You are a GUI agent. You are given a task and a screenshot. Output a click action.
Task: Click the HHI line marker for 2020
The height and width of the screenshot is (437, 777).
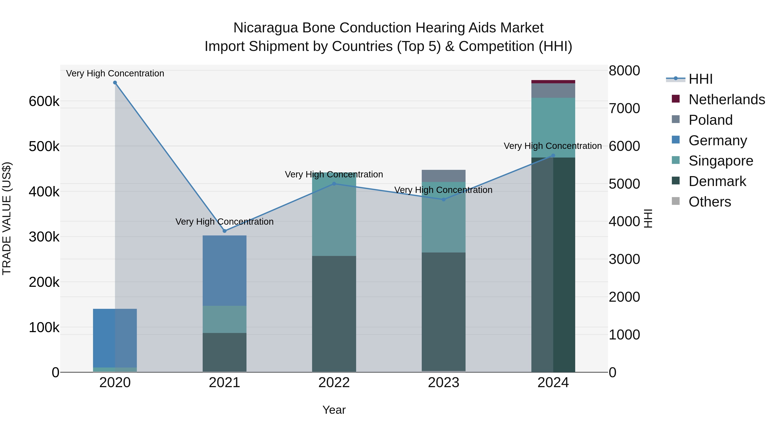pos(115,83)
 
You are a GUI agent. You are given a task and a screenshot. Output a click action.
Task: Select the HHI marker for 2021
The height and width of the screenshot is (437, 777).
pos(224,231)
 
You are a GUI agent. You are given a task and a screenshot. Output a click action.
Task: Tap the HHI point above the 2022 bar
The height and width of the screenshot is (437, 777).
pos(334,184)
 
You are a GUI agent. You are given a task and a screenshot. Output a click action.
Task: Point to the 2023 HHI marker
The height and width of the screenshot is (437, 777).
pos(443,199)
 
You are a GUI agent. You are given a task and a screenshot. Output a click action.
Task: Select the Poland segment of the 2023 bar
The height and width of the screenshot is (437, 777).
pos(443,176)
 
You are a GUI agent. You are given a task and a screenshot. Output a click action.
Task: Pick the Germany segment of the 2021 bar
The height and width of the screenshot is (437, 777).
pos(224,271)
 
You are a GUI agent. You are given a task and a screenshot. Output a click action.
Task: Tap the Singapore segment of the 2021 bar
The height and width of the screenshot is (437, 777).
pos(224,319)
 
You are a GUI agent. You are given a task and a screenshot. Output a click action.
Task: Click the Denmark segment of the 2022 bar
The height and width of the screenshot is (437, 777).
pos(334,314)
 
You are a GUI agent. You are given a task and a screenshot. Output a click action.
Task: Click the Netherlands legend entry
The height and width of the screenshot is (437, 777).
pos(727,99)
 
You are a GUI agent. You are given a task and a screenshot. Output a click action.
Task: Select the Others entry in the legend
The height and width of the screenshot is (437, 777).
pos(710,202)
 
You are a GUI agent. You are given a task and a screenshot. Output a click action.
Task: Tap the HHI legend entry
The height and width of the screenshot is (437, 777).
pos(700,79)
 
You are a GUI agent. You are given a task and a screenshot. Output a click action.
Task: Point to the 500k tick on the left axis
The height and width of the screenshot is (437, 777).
pos(44,147)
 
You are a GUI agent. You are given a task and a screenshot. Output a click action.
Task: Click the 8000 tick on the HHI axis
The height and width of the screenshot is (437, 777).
pos(624,71)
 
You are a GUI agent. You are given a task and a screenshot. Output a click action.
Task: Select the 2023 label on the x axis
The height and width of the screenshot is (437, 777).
pos(443,383)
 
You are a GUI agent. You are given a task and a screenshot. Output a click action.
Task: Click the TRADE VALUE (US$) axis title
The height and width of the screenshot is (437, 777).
pos(7,218)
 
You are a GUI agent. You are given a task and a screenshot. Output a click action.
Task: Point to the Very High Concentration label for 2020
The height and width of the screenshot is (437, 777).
pos(115,74)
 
